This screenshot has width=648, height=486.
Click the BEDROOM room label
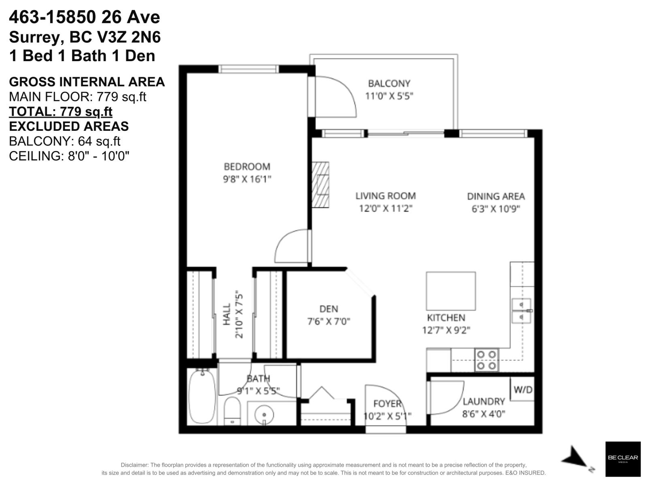point(247,166)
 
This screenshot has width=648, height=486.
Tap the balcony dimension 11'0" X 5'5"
point(389,96)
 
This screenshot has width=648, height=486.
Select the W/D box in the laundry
point(522,390)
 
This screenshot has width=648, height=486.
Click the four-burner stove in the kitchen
point(486,360)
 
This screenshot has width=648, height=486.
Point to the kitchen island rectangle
point(451,291)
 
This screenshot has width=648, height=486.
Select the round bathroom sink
point(264,415)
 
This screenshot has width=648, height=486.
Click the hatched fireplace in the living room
point(320,185)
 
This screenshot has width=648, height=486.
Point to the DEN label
point(328,309)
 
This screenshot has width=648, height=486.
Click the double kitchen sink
point(521,311)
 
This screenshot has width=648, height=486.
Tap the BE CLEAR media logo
point(622,458)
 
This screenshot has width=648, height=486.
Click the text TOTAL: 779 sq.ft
point(61,111)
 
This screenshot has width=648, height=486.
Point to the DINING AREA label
point(496,196)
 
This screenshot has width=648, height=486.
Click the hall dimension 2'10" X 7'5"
point(239,314)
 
